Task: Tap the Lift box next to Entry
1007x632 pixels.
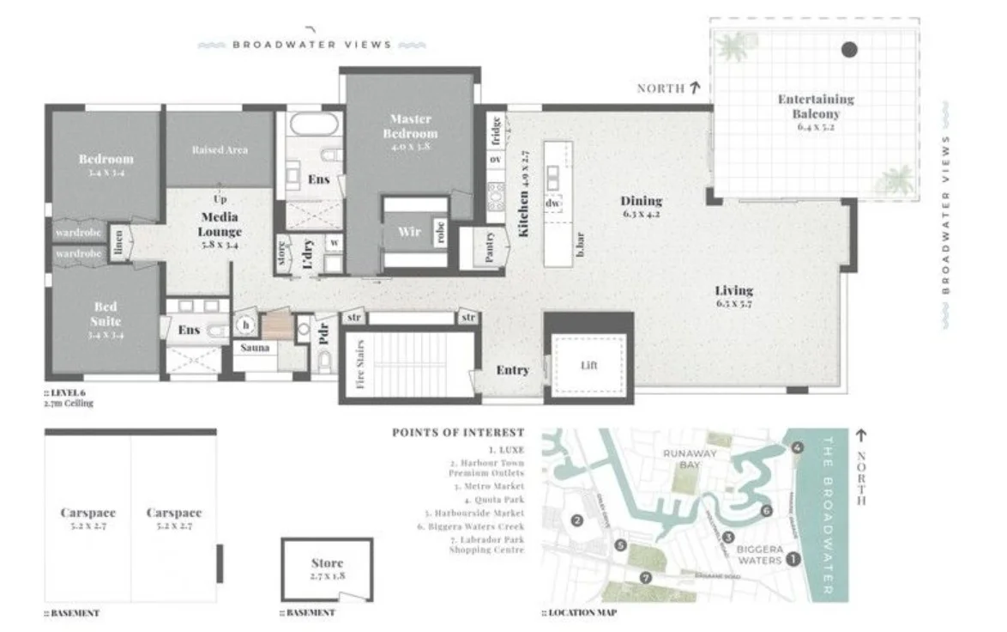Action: [x=588, y=364]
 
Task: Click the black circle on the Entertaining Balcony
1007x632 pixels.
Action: [x=849, y=50]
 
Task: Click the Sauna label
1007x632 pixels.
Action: [x=256, y=348]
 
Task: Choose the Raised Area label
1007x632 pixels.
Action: [x=220, y=149]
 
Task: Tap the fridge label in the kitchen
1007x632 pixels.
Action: [x=496, y=135]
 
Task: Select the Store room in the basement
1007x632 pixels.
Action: [x=327, y=569]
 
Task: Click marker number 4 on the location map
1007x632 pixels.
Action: [x=798, y=447]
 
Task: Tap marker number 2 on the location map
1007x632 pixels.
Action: [x=577, y=520]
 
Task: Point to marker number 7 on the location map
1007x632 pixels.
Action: [x=646, y=577]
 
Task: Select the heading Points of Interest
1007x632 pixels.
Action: [x=457, y=432]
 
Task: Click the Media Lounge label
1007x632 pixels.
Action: [x=220, y=225]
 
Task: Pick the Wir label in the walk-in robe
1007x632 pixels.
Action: [x=409, y=232]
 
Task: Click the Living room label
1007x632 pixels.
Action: [x=734, y=290]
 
